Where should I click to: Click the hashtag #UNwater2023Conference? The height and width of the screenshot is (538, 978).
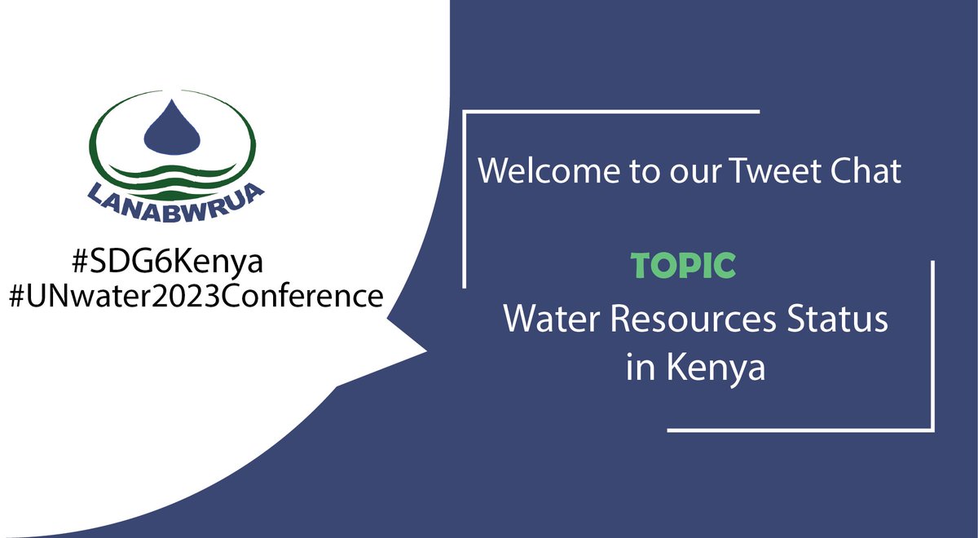click(x=195, y=296)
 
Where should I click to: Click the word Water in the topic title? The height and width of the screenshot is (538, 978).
click(x=551, y=320)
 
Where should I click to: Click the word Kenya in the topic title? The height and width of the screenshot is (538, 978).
click(x=716, y=368)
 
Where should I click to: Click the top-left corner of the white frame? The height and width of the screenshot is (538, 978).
click(x=465, y=112)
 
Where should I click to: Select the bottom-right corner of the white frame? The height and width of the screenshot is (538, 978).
click(x=932, y=429)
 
